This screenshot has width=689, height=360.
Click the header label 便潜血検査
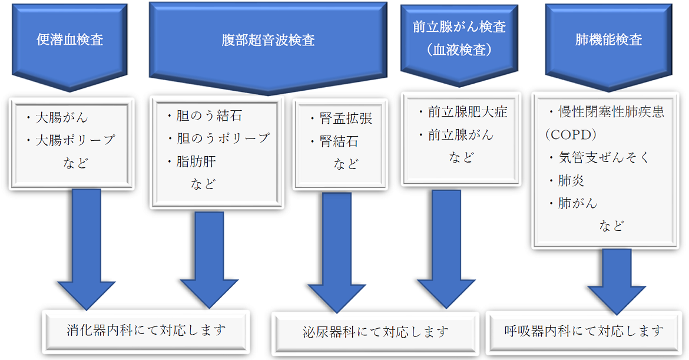(69, 41)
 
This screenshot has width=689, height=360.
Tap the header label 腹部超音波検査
(267, 41)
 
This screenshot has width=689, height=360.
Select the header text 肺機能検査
(608, 41)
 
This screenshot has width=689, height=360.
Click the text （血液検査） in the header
(459, 50)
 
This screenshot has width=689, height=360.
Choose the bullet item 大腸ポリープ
(74, 140)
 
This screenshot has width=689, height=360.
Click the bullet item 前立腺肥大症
(466, 112)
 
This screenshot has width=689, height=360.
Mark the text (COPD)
(571, 135)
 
